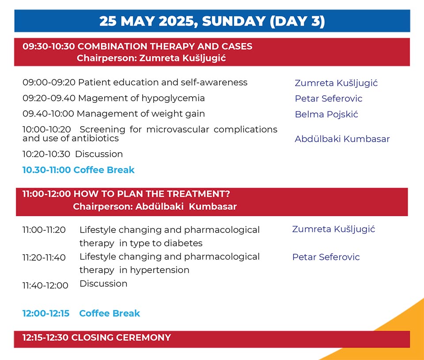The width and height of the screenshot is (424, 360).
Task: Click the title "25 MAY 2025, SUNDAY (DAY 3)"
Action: (212, 21)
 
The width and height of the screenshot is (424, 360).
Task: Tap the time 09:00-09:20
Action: (49, 82)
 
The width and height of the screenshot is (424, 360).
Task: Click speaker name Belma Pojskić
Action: (326, 115)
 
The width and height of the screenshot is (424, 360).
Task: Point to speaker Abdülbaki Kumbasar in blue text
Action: (342, 139)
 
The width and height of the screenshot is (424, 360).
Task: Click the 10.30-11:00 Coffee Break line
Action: (79, 170)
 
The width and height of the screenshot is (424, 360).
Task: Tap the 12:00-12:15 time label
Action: (46, 313)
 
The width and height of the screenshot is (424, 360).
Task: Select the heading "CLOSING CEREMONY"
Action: (121, 337)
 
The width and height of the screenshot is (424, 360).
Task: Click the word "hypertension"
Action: (159, 270)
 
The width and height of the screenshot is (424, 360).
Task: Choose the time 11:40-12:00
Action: (45, 285)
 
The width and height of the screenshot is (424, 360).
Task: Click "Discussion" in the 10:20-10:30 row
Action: (99, 154)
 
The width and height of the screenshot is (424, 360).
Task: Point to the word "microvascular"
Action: (178, 129)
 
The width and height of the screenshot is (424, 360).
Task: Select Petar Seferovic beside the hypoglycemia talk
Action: (329, 98)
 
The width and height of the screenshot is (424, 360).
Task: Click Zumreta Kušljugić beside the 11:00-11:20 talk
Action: (334, 229)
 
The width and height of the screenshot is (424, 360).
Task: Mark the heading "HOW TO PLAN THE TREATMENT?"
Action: (151, 194)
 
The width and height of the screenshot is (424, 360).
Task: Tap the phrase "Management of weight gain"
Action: (141, 114)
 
